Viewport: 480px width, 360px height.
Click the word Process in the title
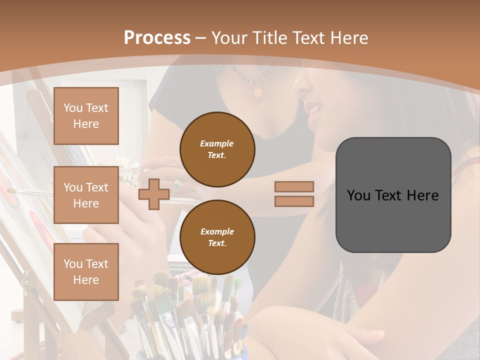click(x=157, y=38)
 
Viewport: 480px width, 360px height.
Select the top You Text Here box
click(x=86, y=116)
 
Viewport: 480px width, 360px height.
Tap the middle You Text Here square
click(x=86, y=195)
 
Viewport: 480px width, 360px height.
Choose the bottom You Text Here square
click(x=86, y=271)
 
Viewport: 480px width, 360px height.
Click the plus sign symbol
click(x=154, y=194)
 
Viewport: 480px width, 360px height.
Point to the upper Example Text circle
click(x=217, y=149)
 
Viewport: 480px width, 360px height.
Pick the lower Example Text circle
click(x=217, y=237)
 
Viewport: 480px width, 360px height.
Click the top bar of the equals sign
click(x=294, y=186)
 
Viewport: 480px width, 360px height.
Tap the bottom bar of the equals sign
click(x=294, y=201)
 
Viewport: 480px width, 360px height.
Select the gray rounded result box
click(x=393, y=195)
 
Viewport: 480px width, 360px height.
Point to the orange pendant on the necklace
click(x=258, y=92)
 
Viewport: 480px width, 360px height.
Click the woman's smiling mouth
click(x=314, y=108)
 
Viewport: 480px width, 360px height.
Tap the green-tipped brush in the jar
click(x=238, y=283)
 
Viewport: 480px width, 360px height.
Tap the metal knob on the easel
click(x=26, y=283)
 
